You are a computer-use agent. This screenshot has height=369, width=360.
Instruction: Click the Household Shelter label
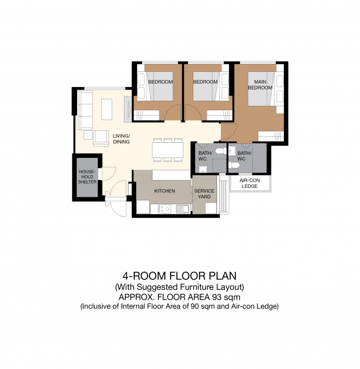[87, 177]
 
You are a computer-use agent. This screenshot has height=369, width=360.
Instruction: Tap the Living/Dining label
[121, 139]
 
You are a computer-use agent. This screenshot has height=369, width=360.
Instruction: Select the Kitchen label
[165, 191]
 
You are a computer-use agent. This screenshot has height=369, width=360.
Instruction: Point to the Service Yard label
[204, 194]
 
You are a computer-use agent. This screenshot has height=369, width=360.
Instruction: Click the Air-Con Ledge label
[250, 184]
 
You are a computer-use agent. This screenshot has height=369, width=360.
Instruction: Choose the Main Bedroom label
[260, 85]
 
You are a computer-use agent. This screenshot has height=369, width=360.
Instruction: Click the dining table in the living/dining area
[168, 150]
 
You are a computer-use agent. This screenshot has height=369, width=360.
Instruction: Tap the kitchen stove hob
[164, 209]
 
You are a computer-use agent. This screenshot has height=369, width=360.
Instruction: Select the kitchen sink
[183, 209]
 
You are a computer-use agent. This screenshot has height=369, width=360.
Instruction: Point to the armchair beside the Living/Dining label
[101, 138]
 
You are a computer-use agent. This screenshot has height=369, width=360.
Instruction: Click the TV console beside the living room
[128, 109]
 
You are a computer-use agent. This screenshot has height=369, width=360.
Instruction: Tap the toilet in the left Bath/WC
[220, 151]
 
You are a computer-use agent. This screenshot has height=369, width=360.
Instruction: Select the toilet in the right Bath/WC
[234, 165]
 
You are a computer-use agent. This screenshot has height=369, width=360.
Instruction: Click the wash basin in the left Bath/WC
[203, 169]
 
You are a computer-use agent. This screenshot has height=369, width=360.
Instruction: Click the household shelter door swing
[109, 174]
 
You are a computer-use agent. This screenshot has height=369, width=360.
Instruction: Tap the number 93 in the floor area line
[217, 297]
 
